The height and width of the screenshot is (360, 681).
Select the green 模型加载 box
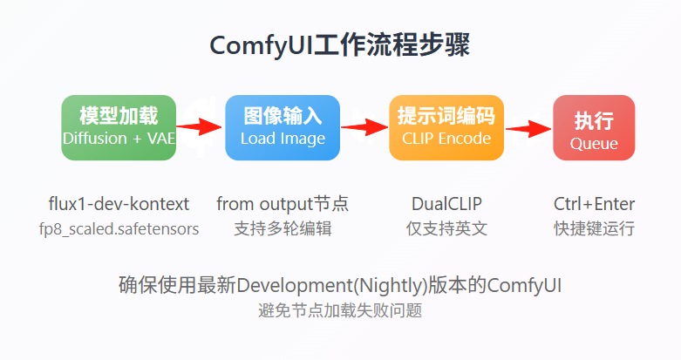[x=119, y=127]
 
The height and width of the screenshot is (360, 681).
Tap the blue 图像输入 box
[x=283, y=127]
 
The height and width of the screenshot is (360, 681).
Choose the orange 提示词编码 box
[x=446, y=127]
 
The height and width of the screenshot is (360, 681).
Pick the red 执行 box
[x=594, y=127]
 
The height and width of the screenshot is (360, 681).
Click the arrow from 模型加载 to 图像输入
[x=200, y=128]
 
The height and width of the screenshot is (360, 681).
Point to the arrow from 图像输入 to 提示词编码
[x=364, y=128]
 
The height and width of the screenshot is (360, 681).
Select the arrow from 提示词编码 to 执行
[x=528, y=128]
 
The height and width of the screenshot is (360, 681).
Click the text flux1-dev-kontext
[x=119, y=204]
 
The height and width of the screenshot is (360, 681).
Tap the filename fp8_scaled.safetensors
[x=119, y=229]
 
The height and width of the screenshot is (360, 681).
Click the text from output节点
[x=283, y=204]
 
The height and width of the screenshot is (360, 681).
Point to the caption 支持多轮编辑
[x=283, y=229]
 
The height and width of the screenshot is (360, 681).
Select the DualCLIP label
[x=446, y=204]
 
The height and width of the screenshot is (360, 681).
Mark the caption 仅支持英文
[x=446, y=229]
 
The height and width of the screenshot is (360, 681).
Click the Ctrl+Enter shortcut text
[x=594, y=204]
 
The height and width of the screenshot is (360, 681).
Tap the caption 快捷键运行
[x=594, y=229]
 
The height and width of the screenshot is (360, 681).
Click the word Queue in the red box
[x=594, y=144]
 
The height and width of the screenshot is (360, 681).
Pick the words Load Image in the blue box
[x=283, y=139]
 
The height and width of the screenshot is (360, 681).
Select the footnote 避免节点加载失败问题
[x=340, y=310]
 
